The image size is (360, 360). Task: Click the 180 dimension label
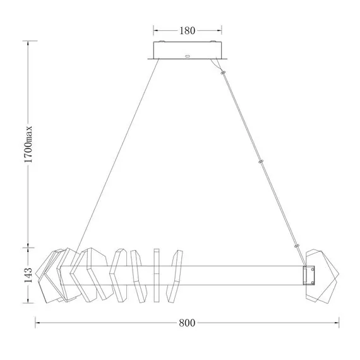coord(187,30)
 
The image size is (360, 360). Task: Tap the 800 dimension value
coord(187,323)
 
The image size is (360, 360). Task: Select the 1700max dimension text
coord(28,145)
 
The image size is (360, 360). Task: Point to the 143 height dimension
coord(28,275)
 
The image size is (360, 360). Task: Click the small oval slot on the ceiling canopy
coord(187,56)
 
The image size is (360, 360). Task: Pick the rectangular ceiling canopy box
coord(188,51)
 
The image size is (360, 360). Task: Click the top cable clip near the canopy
coord(223,73)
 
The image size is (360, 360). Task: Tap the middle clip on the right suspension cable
coord(261,162)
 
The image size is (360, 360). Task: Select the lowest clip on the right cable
coord(297,246)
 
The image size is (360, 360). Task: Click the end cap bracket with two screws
coord(309,275)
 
